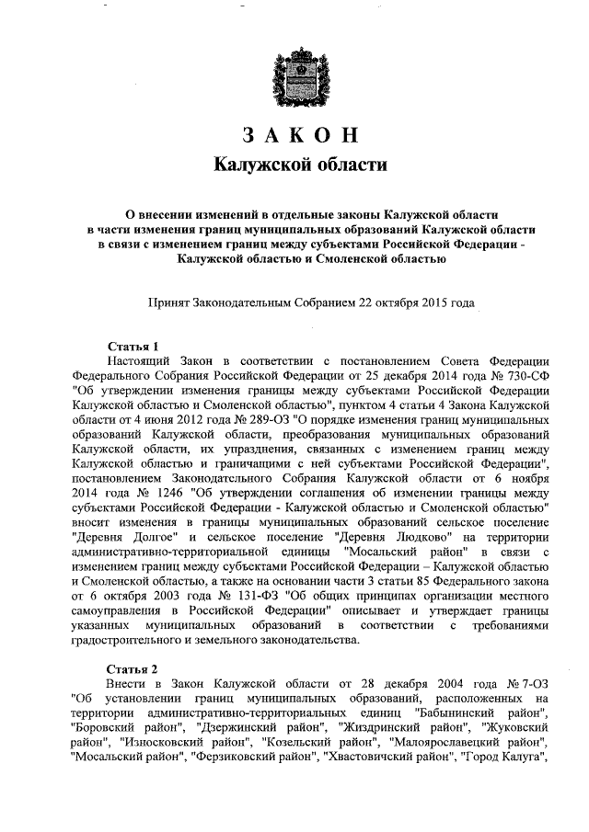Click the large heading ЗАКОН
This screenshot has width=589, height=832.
294,135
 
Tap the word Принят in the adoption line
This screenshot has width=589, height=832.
171,302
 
